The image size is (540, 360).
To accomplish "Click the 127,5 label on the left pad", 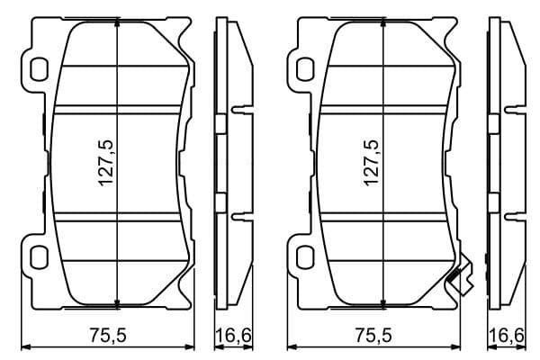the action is coord(105,163).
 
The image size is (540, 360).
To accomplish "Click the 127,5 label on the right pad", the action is coord(372,163).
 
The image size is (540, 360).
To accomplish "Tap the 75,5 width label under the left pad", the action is coord(108,335).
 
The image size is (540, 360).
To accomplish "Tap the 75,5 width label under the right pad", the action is coord(373,335).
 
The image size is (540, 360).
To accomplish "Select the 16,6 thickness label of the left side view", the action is coord(234,335).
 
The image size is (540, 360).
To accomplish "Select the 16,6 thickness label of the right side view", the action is coord(508,335).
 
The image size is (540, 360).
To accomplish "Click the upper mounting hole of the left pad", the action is coord(38,70).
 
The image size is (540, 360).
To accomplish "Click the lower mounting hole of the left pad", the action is coord(38,257).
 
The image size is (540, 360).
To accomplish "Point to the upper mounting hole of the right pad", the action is coord(305,70).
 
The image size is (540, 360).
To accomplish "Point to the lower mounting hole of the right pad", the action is coord(305,257).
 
